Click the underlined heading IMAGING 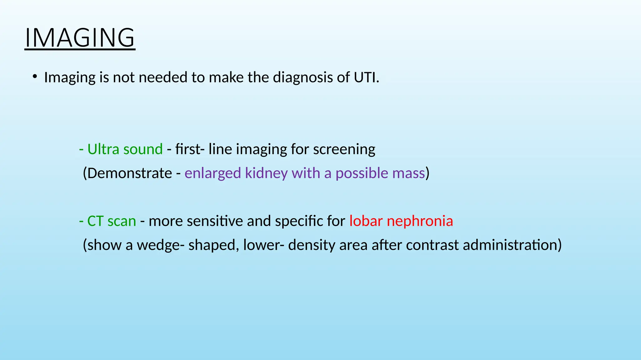(x=80, y=37)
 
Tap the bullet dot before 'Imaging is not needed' (x=35, y=77)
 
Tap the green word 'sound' (x=143, y=149)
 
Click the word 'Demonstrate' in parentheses (x=130, y=173)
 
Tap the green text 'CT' (x=95, y=221)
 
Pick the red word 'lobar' (x=366, y=221)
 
